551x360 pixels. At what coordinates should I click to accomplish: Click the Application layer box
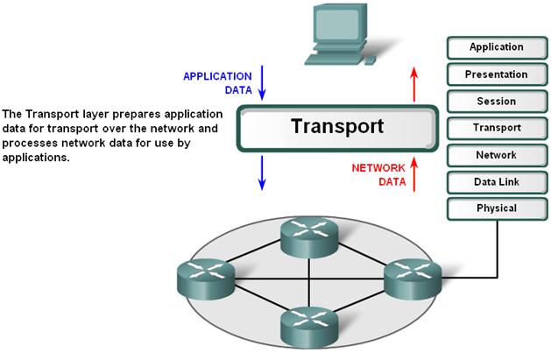click(496, 47)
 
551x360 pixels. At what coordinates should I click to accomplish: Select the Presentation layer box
click(496, 74)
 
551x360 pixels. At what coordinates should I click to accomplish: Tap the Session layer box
click(496, 102)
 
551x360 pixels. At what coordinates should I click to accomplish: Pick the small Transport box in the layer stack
click(496, 128)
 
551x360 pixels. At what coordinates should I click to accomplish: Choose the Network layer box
click(496, 155)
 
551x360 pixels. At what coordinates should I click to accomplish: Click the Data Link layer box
click(496, 182)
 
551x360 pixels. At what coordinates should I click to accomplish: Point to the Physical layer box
click(496, 208)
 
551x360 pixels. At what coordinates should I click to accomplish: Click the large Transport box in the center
click(337, 127)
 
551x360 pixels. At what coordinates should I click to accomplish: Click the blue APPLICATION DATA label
click(217, 82)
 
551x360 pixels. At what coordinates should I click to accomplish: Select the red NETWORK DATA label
click(378, 175)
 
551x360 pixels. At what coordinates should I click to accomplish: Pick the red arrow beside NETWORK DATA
click(413, 173)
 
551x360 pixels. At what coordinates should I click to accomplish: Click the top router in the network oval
click(309, 234)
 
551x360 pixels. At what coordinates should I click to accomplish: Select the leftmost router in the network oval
click(204, 279)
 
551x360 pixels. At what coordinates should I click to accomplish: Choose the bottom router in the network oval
click(308, 324)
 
